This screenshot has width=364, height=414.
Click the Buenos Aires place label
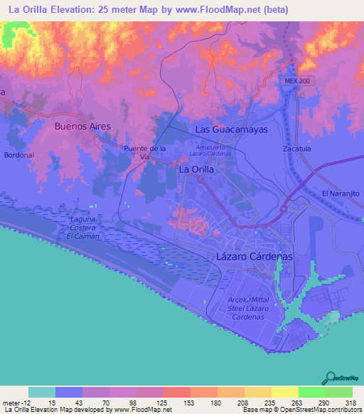[82, 126]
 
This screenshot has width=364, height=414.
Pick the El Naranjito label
[342, 193]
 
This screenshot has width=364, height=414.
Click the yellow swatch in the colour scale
[284, 392]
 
